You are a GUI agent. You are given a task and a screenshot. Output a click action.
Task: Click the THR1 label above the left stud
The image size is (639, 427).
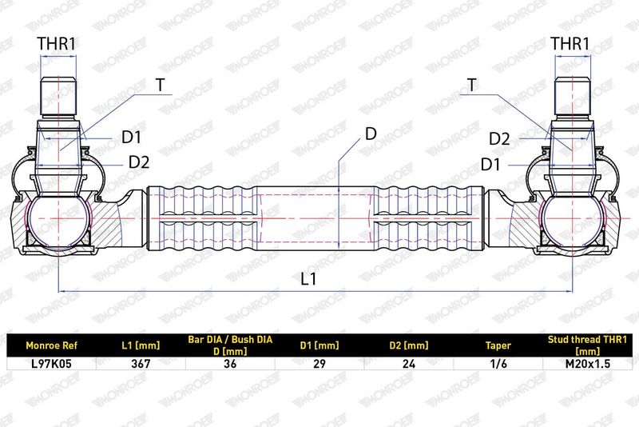coord(57,44)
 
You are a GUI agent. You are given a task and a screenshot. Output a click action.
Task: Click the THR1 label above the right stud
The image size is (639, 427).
coord(570,44)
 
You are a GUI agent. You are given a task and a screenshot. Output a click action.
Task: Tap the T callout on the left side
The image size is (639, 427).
coord(161,86)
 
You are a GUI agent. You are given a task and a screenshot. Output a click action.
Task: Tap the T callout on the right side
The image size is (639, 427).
coord(471,86)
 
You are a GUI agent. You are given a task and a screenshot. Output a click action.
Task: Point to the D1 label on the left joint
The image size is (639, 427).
coord(131,138)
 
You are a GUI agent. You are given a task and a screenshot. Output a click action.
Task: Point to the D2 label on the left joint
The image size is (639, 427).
coord(139,162)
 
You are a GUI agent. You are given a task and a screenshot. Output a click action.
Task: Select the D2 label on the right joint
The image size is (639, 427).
coord(499,139)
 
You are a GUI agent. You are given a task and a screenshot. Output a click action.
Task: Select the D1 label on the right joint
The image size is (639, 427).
coord(490,165)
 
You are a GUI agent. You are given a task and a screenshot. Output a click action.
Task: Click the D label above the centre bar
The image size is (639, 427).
coord(371,134)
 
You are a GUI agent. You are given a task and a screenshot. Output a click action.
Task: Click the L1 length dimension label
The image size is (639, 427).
coord(308,279)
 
